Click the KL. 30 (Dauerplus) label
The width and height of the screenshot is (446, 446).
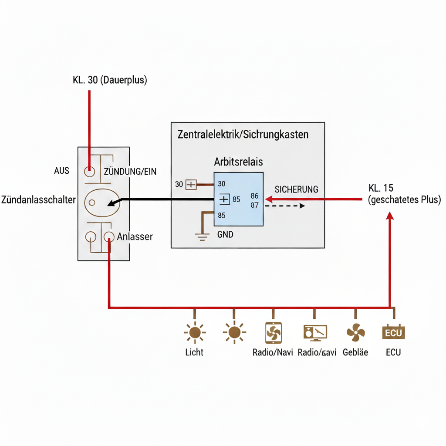coord(109,81)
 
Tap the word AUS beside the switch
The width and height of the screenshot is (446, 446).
coord(62,170)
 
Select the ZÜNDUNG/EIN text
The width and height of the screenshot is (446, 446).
coord(130,172)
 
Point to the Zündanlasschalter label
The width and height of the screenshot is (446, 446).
coord(39,200)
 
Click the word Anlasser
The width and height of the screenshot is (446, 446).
coord(135,237)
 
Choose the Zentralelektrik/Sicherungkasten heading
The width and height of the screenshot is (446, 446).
coord(243,135)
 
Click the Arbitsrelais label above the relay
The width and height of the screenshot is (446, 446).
coord(238,162)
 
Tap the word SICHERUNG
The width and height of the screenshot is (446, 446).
coord(296,189)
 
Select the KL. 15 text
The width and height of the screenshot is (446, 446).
coord(381,189)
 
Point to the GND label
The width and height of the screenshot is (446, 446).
coord(225,235)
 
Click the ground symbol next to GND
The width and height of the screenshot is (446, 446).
coord(201,237)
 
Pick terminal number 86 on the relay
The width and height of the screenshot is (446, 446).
coord(255,196)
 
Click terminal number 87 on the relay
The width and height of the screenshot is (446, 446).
coord(255,205)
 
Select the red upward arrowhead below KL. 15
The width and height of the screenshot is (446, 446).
coord(390,216)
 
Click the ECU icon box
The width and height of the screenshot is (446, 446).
coord(393,333)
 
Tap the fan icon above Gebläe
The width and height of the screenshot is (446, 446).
coord(355,333)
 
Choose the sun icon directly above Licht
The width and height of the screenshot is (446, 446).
coord(194,333)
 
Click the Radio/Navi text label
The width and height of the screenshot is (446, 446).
coord(273,352)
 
